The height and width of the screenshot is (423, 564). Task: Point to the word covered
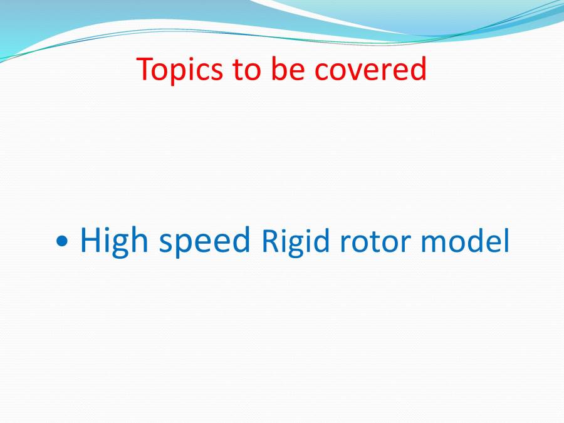(370, 70)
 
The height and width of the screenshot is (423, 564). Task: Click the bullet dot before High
(62, 241)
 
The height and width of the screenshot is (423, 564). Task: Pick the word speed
(204, 242)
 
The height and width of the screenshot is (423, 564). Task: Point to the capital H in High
(91, 239)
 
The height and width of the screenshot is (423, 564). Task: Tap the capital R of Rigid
(269, 241)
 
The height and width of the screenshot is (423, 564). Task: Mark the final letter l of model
(506, 241)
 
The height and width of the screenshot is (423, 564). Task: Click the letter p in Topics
(180, 73)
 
